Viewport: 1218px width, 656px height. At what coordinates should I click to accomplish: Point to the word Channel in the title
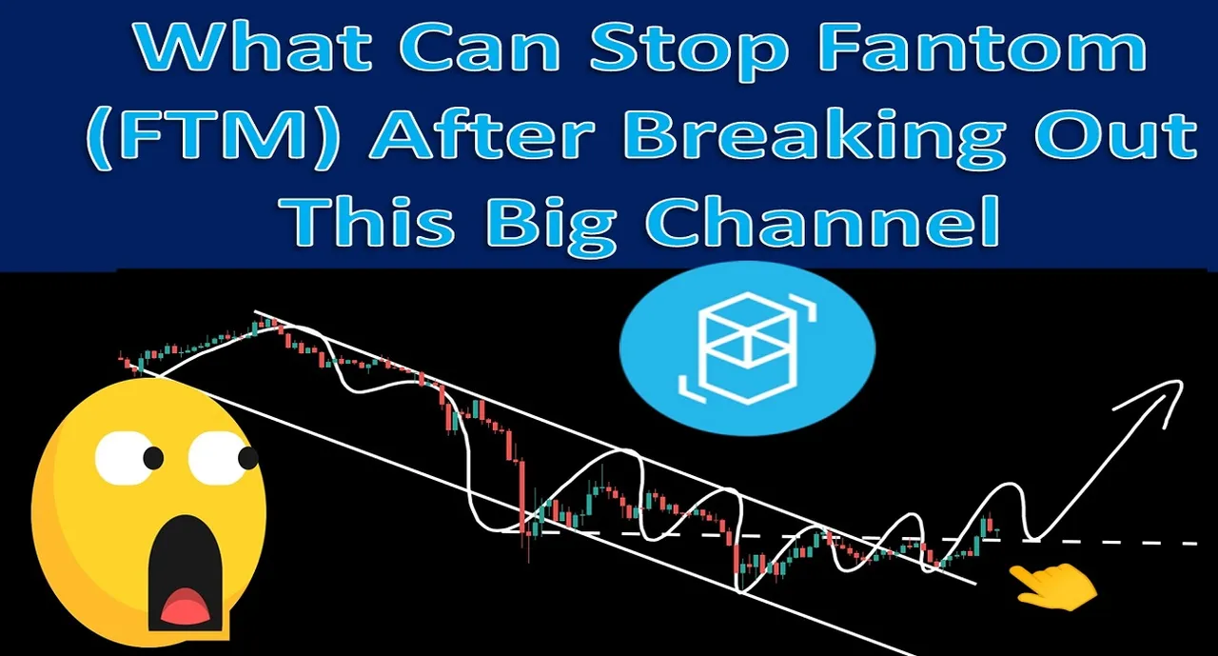tap(822, 222)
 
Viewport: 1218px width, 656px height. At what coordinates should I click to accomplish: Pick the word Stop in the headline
tap(689, 50)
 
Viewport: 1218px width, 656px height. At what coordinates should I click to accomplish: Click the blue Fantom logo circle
tap(747, 348)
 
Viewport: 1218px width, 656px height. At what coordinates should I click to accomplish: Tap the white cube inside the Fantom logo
tap(747, 348)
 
